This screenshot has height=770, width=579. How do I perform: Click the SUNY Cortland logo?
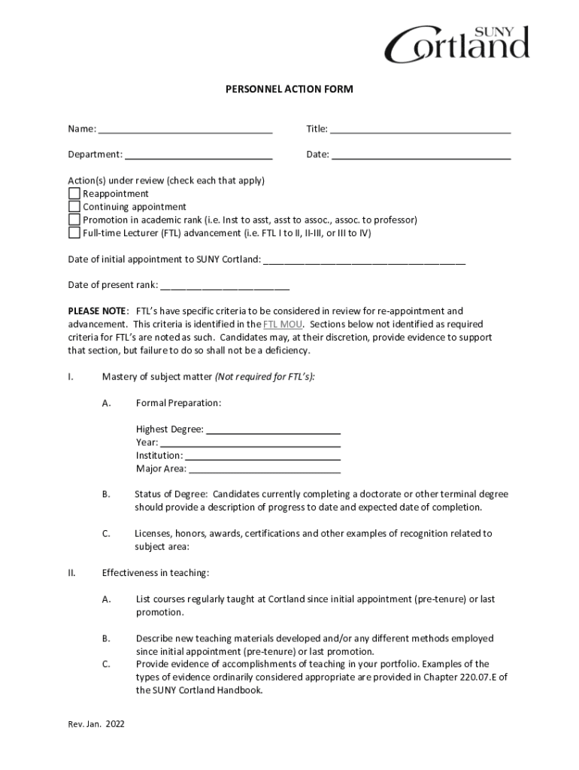[456, 44]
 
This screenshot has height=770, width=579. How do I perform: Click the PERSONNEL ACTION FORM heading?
[289, 89]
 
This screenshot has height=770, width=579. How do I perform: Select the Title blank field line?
[420, 129]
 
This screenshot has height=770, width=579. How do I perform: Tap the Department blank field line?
[199, 156]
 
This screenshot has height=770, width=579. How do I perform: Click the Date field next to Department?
[421, 156]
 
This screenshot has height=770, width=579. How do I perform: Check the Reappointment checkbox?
[74, 194]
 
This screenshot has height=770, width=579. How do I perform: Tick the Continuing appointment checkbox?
[74, 207]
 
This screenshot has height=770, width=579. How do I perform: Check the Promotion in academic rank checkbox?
[74, 220]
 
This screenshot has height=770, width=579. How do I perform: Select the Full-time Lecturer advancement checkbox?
[74, 233]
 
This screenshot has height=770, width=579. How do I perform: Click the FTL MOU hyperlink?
[278, 324]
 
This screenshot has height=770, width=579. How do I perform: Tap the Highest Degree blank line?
[273, 430]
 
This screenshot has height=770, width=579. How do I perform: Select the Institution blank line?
[262, 456]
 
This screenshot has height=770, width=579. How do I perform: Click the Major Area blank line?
[265, 470]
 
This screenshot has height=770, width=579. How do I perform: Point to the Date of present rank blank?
[225, 286]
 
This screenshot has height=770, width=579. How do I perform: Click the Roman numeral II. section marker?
[72, 573]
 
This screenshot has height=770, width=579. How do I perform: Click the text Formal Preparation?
[178, 403]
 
